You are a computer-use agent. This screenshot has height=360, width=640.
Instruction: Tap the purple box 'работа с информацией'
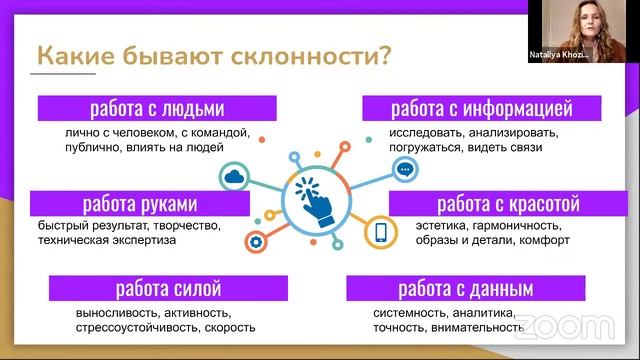481,108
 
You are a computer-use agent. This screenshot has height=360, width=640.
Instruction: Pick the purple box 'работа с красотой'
500,203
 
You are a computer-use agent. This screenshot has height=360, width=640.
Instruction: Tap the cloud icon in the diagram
237,177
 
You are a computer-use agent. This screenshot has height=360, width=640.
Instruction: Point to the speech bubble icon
404,170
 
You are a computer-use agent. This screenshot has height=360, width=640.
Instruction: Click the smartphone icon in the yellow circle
380,233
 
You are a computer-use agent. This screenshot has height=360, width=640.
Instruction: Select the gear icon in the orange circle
255,241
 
